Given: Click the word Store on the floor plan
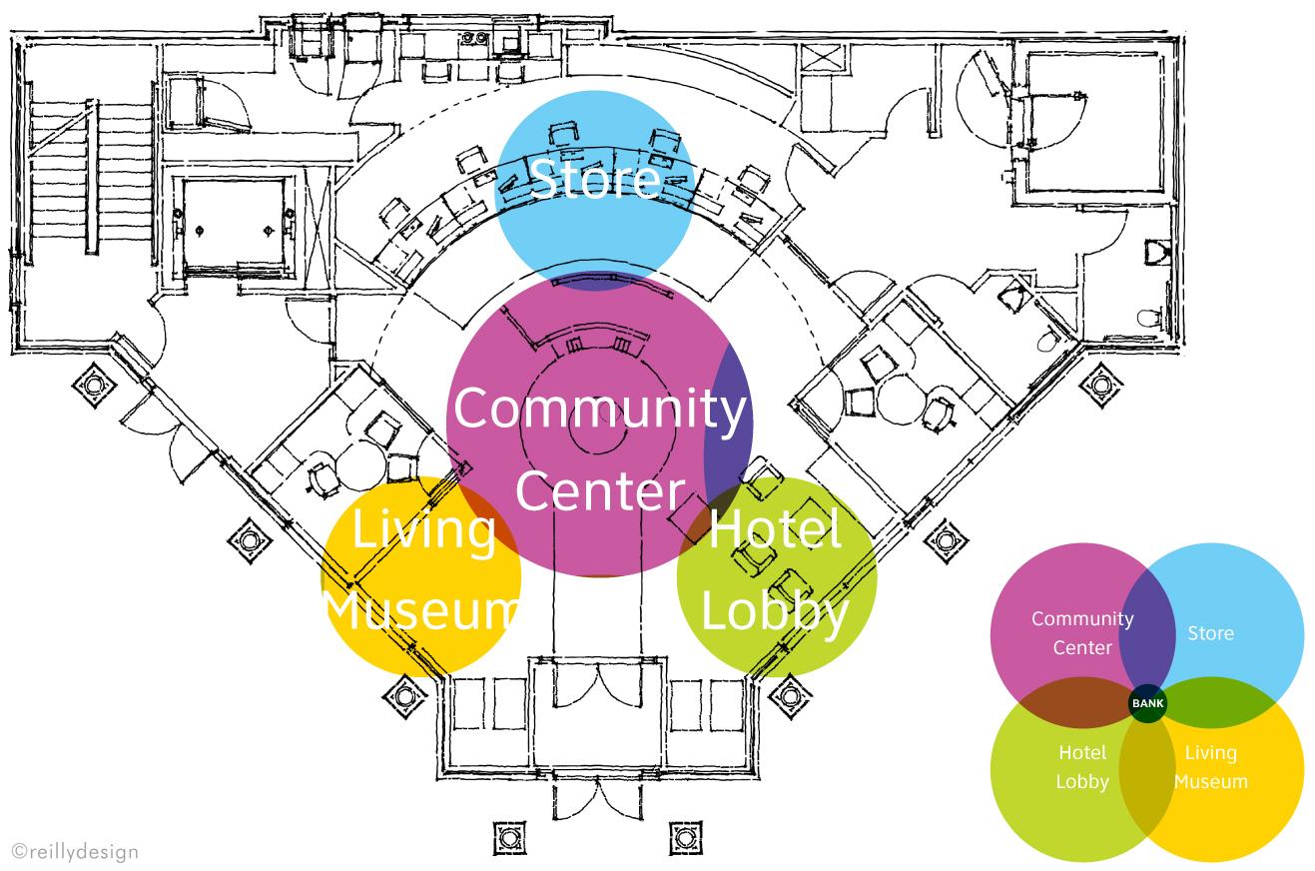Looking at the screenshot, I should coord(594,179).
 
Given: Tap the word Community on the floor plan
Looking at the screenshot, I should coord(600,409).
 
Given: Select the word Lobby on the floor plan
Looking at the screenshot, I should coord(774,609).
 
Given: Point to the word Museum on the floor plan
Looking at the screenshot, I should coord(421,609).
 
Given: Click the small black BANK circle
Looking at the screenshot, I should coord(1147,703).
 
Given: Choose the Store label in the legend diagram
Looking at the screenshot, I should coord(1210,633).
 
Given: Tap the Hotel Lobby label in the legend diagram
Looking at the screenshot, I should coord(1082,767).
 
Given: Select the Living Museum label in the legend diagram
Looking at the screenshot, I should coord(1210,767).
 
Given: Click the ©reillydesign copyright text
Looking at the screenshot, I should coord(75,851).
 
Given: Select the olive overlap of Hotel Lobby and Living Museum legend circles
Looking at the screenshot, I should coord(1146,779).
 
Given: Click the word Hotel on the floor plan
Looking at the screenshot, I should coord(775,529).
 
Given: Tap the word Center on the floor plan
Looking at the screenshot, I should coord(600,491).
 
